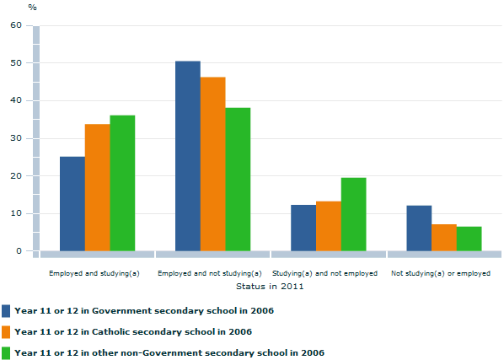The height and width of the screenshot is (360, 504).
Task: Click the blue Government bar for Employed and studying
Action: [x=72, y=203]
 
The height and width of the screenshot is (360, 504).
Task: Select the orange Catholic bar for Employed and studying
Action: [x=97, y=187]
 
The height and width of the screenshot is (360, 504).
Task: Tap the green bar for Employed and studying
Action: [x=122, y=183]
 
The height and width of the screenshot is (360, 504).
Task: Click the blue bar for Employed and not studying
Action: [x=187, y=156]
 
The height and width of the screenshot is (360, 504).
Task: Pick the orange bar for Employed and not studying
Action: [x=212, y=164]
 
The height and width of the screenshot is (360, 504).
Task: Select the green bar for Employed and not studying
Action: [x=238, y=179]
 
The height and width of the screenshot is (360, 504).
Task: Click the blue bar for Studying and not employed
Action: [x=303, y=228]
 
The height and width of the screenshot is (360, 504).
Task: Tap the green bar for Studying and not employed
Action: [x=353, y=214]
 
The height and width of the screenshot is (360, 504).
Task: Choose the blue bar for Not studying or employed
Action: [x=419, y=228]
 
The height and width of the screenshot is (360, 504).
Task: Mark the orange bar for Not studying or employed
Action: [x=444, y=237]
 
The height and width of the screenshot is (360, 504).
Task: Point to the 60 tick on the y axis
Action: [x=16, y=25]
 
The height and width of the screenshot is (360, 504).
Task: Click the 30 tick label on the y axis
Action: [x=16, y=138]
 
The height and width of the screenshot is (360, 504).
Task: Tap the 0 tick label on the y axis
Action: [x=19, y=251]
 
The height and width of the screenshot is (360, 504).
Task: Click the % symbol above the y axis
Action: [x=32, y=7]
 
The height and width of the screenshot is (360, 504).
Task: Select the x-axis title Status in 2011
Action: [x=269, y=287]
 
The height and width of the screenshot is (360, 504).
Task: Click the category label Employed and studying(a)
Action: [x=94, y=274]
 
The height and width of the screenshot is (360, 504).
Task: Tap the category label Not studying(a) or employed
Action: [x=441, y=274]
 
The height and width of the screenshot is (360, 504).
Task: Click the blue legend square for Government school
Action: [x=7, y=310]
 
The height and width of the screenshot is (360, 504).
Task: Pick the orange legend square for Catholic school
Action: [x=7, y=331]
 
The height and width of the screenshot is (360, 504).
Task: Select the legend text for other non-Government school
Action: [x=169, y=352]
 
